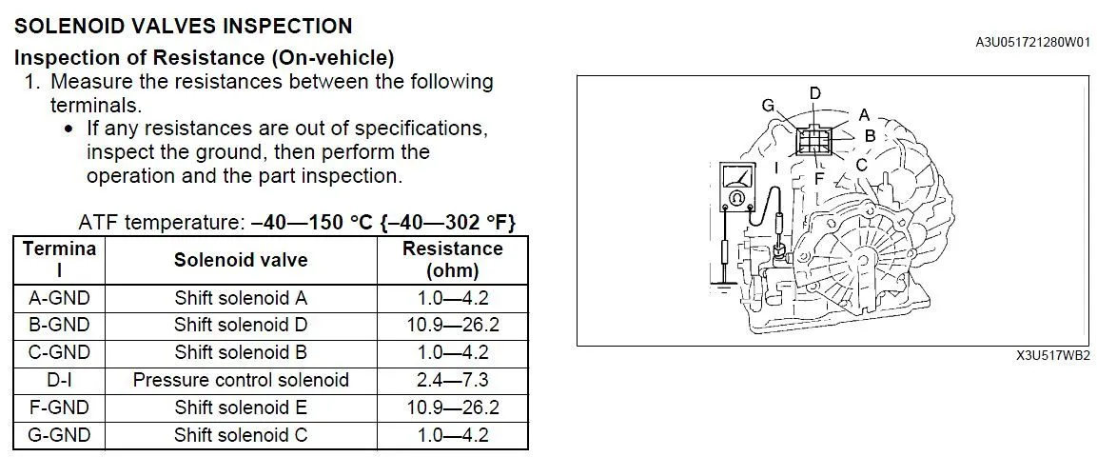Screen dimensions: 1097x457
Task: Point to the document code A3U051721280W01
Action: [1032, 43]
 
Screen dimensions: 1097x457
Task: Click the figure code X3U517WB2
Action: [1053, 355]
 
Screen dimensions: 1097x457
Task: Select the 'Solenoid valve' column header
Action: [241, 260]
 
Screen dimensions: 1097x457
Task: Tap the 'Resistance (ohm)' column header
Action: [453, 260]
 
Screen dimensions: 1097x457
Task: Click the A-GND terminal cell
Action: [60, 298]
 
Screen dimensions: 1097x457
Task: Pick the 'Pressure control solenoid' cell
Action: [241, 380]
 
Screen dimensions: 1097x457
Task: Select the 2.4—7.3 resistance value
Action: [453, 380]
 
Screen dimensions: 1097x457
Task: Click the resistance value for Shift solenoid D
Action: [453, 326]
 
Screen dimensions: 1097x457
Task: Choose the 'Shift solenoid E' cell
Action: [241, 407]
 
